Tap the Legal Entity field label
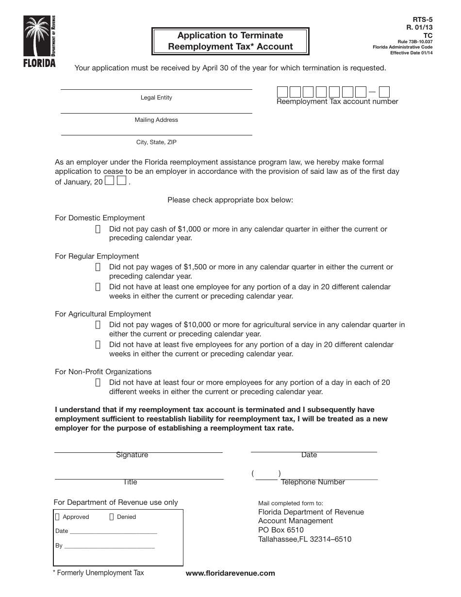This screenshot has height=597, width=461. click(156, 98)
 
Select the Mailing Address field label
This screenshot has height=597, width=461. click(156, 120)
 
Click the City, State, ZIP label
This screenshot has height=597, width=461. click(156, 143)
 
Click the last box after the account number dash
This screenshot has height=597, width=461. click(384, 92)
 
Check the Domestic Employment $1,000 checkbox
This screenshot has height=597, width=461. click(98, 229)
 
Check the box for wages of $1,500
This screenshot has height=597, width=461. click(98, 267)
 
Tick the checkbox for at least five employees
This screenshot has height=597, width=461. click(98, 345)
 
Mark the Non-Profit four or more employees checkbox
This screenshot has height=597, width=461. click(98, 382)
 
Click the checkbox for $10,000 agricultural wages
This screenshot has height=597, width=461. click(98, 325)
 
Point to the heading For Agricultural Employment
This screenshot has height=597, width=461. click(103, 314)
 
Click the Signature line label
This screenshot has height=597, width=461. click(132, 455)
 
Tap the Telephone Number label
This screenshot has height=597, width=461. click(313, 482)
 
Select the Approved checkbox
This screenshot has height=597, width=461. click(58, 517)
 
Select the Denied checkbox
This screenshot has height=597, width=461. click(112, 517)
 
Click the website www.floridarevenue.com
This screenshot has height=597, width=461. click(230, 573)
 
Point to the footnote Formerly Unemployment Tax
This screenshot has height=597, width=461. click(99, 573)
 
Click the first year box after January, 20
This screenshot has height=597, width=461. click(110, 181)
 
